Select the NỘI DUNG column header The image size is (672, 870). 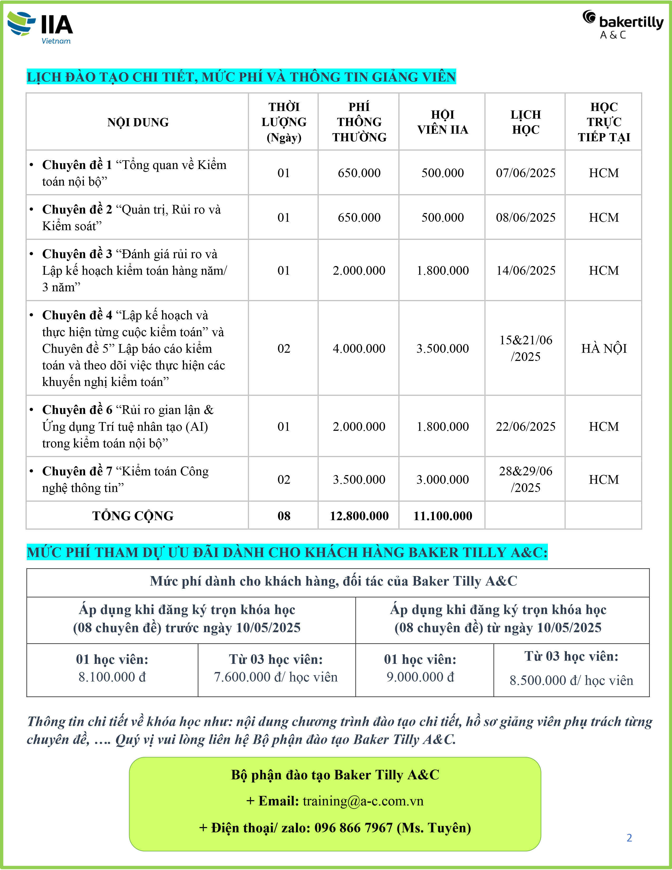(138, 122)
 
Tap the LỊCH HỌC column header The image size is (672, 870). (525, 122)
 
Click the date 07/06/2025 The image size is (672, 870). (525, 173)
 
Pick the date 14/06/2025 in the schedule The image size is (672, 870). (525, 270)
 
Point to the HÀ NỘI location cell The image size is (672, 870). (603, 349)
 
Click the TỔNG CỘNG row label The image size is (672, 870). (133, 516)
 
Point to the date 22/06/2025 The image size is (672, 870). (525, 427)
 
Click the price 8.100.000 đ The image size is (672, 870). (112, 677)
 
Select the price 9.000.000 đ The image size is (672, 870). (420, 677)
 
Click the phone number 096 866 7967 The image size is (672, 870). (353, 828)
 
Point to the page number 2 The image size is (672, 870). (629, 838)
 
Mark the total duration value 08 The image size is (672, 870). (284, 516)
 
